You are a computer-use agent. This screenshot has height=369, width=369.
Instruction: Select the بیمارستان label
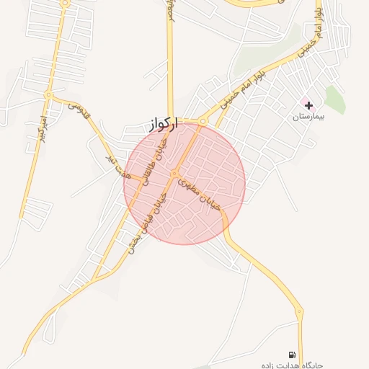[311, 116]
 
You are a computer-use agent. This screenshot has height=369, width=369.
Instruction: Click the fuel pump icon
[292, 354]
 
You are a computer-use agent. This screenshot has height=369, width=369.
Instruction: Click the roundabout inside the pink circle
[174, 174]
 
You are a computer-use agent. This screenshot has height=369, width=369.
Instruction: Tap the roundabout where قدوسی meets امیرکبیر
[48, 94]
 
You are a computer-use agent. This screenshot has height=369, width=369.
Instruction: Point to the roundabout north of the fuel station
[298, 311]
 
